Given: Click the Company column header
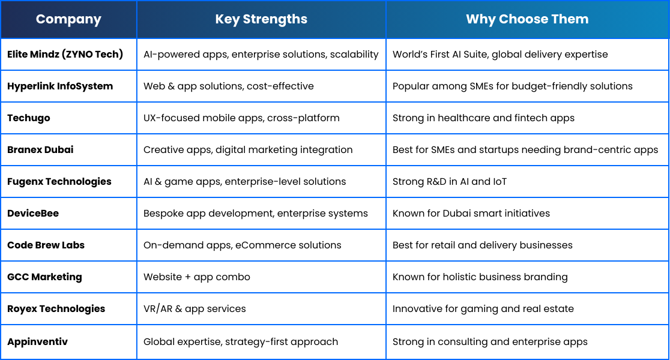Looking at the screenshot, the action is point(68,19).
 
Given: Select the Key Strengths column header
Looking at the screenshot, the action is point(261,19).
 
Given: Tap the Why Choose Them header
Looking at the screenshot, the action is point(527,19).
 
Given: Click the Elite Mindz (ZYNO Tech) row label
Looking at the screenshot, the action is point(65,54).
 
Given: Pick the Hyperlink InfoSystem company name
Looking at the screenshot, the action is point(60,86).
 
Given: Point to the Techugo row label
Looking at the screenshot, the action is point(29,118).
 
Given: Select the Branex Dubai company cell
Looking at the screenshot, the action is point(40,150).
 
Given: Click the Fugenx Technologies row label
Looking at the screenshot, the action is point(59,182).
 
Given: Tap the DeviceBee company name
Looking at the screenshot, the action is point(33,214).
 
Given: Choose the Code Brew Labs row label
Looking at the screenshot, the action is point(46,245).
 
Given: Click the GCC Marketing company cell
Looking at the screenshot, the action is point(44,277).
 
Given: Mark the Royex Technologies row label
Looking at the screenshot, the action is point(56,309).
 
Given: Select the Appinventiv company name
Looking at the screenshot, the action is point(38,341).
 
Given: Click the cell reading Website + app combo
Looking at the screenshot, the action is point(197,277).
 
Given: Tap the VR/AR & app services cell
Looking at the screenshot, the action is point(195,309).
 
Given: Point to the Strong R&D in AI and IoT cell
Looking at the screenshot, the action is point(450,181).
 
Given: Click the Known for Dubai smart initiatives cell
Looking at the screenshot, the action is point(471,214).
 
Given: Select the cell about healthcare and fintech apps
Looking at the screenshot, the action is point(484,118).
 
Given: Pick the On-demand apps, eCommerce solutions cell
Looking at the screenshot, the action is point(243,245).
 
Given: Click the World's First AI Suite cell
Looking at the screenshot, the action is point(500,55).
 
